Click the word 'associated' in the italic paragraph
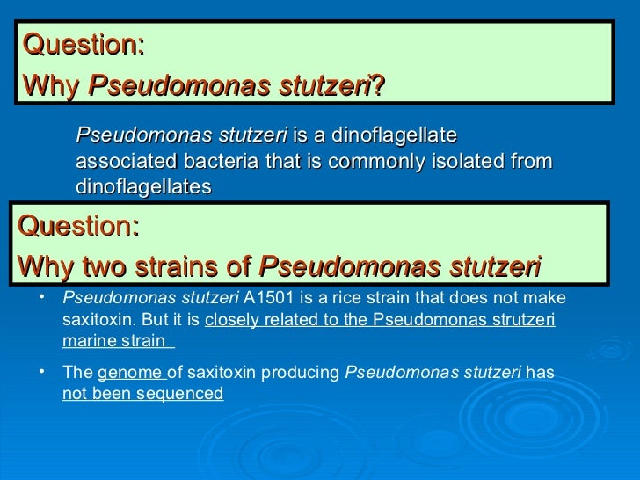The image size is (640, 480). [117, 162]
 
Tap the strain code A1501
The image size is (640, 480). [267, 299]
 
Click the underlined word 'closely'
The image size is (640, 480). [229, 320]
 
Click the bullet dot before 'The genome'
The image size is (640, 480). [41, 371]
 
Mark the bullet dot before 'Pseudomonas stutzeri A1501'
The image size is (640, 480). [41, 297]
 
